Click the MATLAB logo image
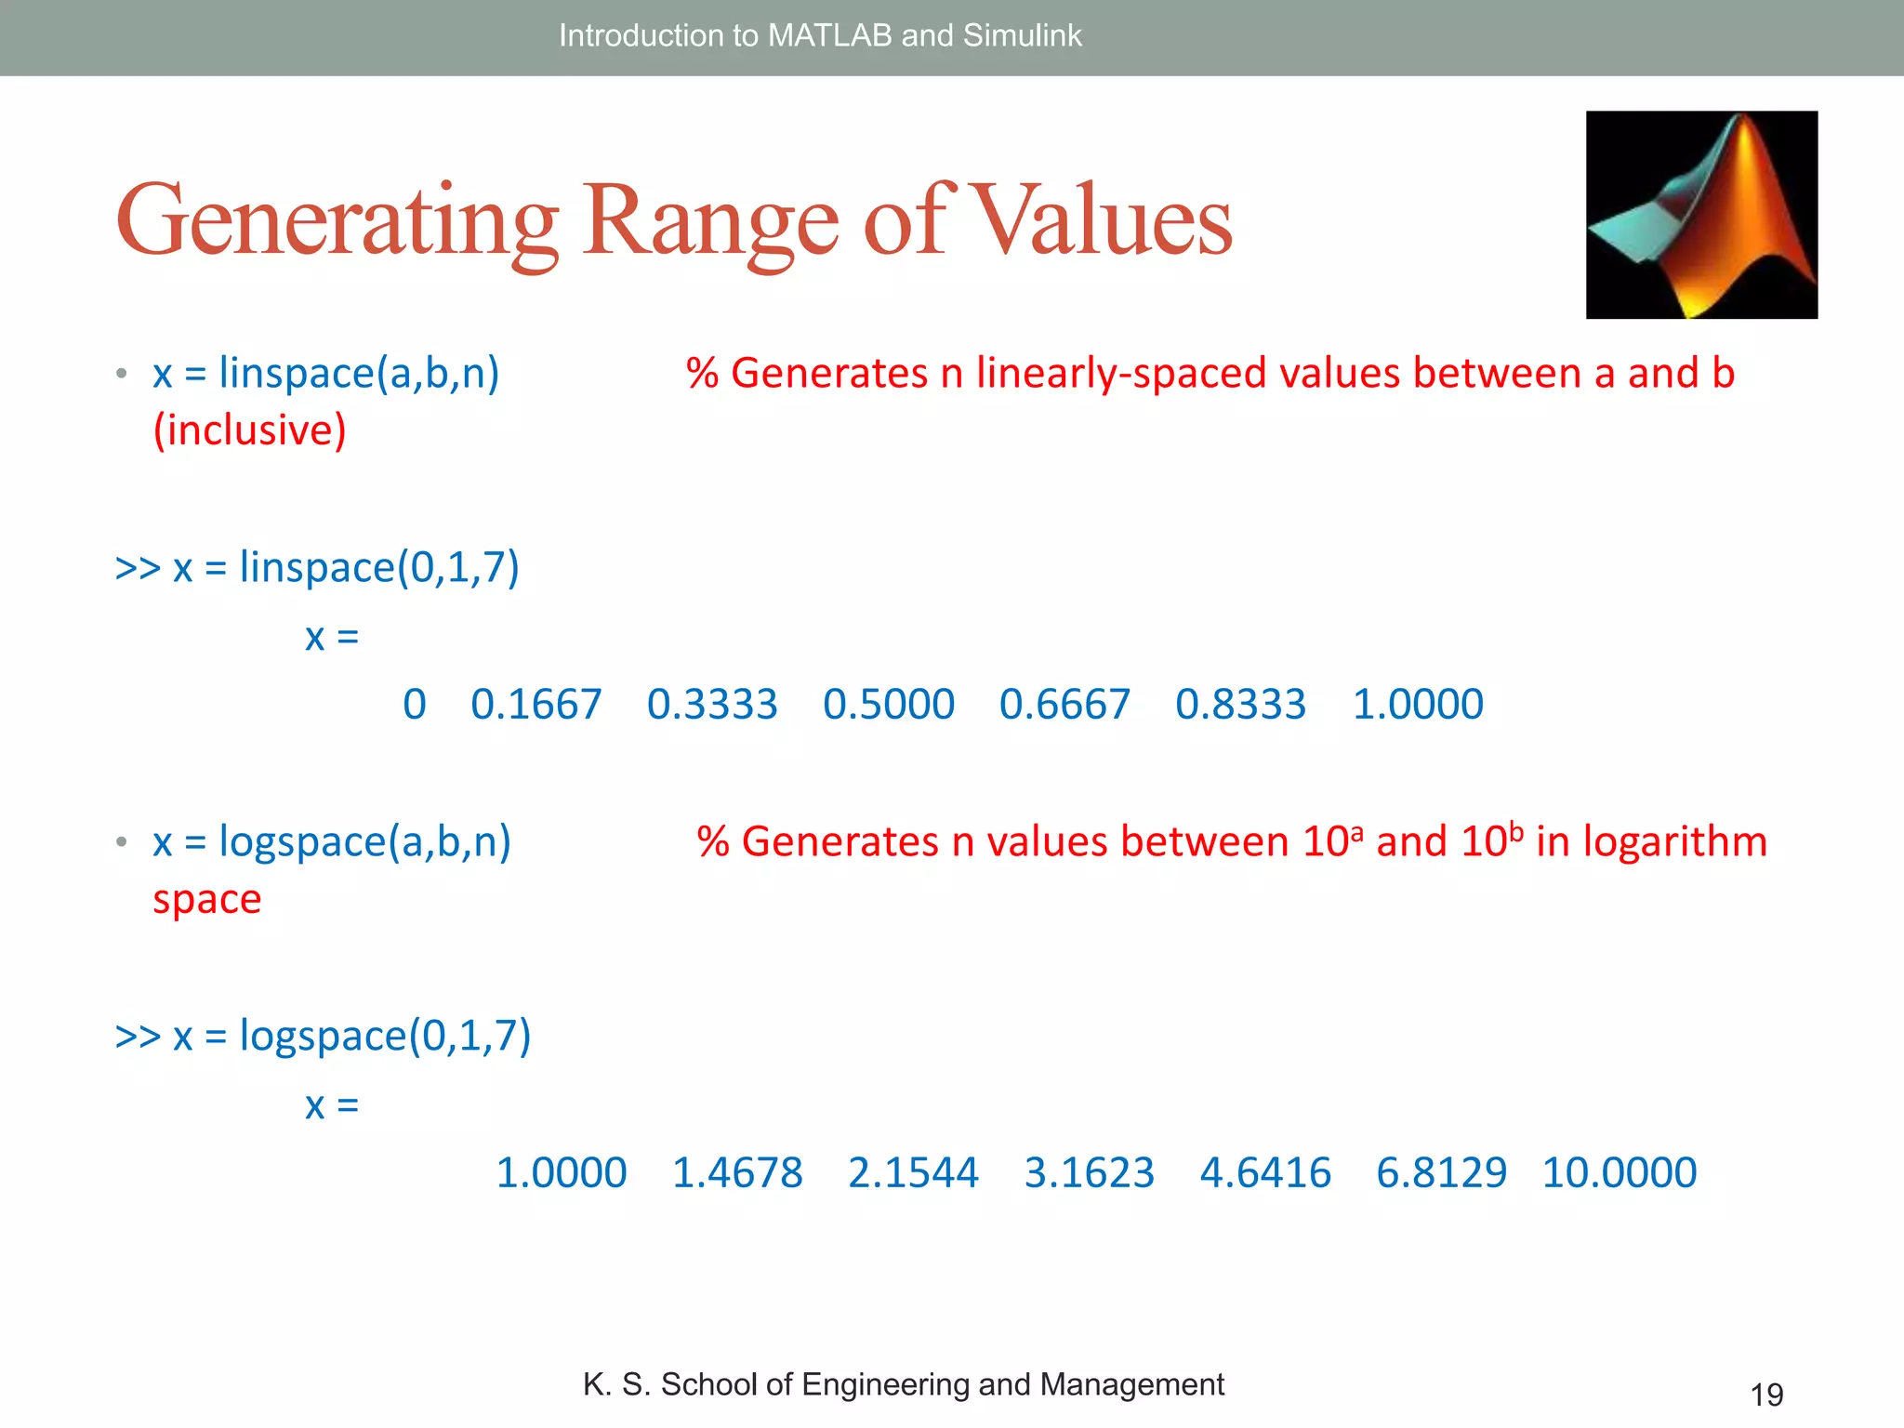[x=1701, y=215]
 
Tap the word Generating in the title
[x=337, y=223]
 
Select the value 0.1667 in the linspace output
[x=535, y=705]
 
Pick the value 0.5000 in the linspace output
[x=888, y=705]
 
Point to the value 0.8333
[x=1240, y=705]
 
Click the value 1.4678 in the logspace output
[x=736, y=1173]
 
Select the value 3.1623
[x=1089, y=1173]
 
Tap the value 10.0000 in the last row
[x=1619, y=1173]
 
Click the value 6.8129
[x=1441, y=1173]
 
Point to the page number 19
[x=1766, y=1395]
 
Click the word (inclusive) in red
[x=249, y=430]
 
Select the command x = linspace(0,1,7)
[x=346, y=567]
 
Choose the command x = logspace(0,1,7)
[x=351, y=1036]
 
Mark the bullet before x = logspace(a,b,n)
[x=122, y=842]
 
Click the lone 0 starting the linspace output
[x=415, y=705]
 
